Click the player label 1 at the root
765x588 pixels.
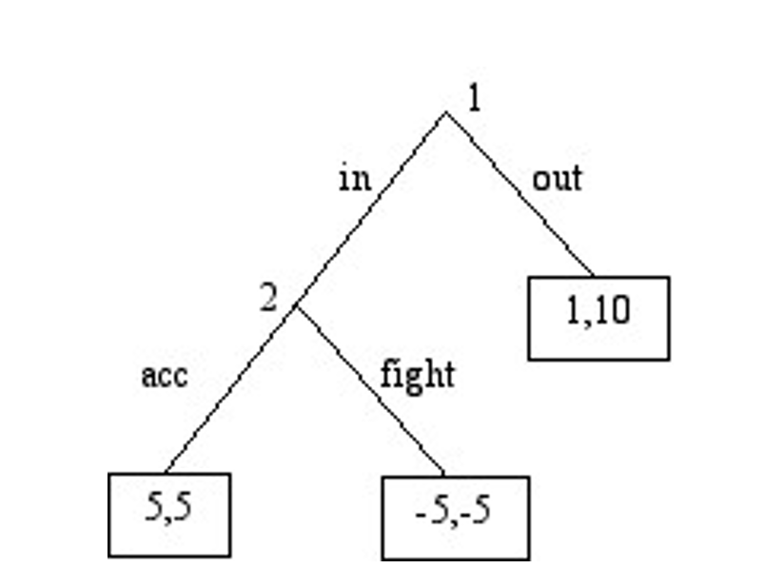coord(474,98)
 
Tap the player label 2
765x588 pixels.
coord(269,299)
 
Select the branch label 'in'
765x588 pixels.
coord(354,178)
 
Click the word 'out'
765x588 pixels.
coord(557,178)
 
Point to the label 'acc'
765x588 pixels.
coord(165,375)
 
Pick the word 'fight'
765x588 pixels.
coord(417,374)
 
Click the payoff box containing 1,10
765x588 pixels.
coord(598,318)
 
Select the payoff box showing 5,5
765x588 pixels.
coord(169,514)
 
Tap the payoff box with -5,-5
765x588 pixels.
coord(455,517)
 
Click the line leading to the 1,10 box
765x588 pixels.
coord(520,195)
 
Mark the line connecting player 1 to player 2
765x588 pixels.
coord(371,208)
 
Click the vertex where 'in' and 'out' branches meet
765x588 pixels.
coord(445,112)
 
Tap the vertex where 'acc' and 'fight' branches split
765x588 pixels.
coord(296,305)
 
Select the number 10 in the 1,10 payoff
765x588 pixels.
coord(614,311)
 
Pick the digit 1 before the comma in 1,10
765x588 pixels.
coord(573,311)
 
